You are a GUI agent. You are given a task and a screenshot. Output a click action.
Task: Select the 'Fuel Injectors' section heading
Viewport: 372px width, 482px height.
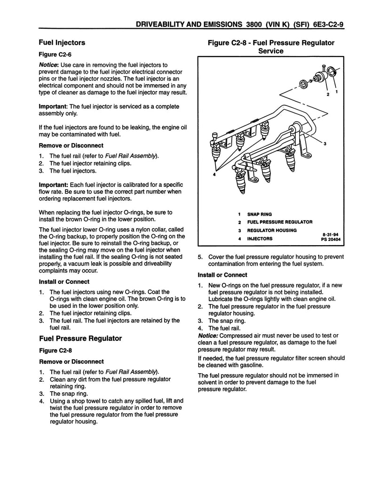pyautogui.click(x=62, y=42)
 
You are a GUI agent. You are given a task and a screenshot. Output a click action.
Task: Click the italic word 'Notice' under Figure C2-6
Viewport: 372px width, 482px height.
pyautogui.click(x=48, y=64)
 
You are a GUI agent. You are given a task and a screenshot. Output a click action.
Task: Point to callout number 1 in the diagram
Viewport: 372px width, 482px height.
pyautogui.click(x=337, y=92)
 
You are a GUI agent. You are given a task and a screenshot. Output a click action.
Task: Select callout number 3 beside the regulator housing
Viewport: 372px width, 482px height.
pyautogui.click(x=325, y=143)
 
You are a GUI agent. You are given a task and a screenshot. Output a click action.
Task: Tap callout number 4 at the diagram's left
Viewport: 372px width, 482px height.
pyautogui.click(x=214, y=175)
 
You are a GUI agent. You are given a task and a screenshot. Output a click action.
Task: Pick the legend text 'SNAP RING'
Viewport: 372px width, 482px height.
pyautogui.click(x=259, y=214)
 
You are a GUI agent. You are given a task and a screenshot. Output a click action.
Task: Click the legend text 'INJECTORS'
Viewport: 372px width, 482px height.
pyautogui.click(x=260, y=239)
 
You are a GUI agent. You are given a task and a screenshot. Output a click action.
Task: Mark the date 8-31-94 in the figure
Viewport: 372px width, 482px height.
pyautogui.click(x=331, y=233)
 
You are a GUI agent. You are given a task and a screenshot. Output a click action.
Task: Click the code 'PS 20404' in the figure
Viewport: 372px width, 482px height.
pyautogui.click(x=330, y=239)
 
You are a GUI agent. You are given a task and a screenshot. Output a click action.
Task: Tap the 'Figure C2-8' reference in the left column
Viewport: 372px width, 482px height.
pyautogui.click(x=55, y=350)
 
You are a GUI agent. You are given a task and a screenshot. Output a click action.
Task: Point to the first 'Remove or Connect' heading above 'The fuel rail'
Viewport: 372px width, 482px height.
pyautogui.click(x=71, y=145)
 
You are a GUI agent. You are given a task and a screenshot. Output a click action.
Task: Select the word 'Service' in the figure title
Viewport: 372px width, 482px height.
pyautogui.click(x=271, y=51)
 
